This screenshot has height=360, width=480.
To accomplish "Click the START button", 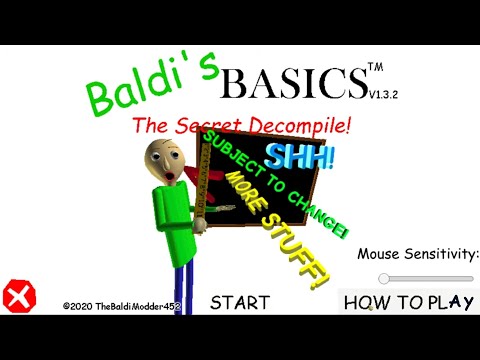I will click(x=240, y=301).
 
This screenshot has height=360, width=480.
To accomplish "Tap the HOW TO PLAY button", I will click(x=408, y=301).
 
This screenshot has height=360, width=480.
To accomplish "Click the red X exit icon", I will click(x=18, y=295).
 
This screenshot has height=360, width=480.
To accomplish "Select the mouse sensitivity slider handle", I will click(x=384, y=278).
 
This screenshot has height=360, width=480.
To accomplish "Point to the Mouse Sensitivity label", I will click(x=418, y=254).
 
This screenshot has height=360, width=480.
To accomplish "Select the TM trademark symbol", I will click(x=375, y=68).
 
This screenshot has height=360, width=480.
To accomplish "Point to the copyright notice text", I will click(x=120, y=307).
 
